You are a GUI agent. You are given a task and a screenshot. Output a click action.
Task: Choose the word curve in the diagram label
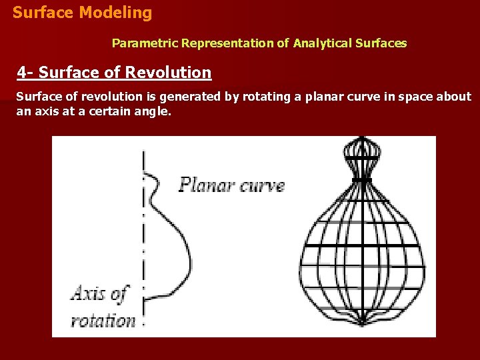[262, 185]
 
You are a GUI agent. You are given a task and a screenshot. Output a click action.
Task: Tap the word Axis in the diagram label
[89, 294]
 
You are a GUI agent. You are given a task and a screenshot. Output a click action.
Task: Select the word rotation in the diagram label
[103, 320]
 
